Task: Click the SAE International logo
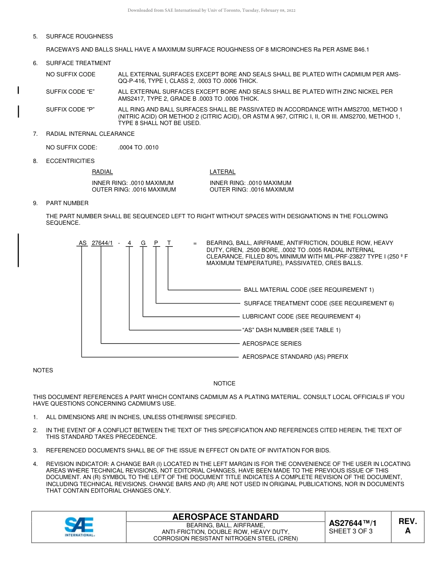click(x=80, y=527)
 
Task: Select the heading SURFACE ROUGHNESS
click(x=79, y=37)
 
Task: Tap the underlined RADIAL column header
click(x=102, y=172)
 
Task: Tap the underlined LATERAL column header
click(x=222, y=172)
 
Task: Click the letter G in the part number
click(x=143, y=243)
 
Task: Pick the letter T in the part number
click(x=169, y=243)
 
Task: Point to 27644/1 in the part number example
click(x=102, y=243)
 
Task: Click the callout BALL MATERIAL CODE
click(x=309, y=290)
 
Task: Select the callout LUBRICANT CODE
click(x=301, y=317)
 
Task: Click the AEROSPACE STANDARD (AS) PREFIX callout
click(x=295, y=357)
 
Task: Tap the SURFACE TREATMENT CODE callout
click(x=319, y=303)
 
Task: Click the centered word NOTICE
click(x=224, y=384)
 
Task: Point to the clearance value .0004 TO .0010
click(x=138, y=148)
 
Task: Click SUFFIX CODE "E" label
click(x=70, y=92)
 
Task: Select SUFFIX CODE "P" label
click(x=70, y=110)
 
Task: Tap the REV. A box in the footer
click(x=408, y=526)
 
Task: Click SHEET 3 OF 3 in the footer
click(x=351, y=531)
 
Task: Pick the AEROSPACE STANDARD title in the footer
click(x=225, y=517)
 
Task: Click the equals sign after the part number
click(x=195, y=243)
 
